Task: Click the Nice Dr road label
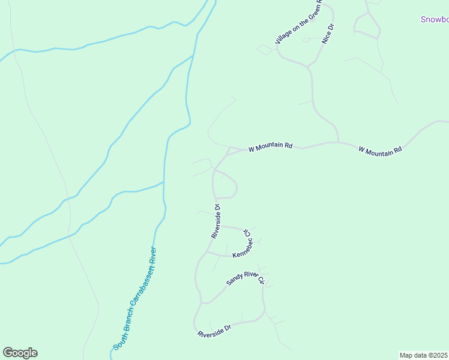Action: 328,34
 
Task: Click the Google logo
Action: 20,353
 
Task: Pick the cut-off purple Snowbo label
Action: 434,19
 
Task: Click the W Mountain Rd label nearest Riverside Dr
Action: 270,146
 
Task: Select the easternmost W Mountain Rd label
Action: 380,150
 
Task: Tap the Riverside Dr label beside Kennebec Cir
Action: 216,222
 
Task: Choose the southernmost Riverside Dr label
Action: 214,331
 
